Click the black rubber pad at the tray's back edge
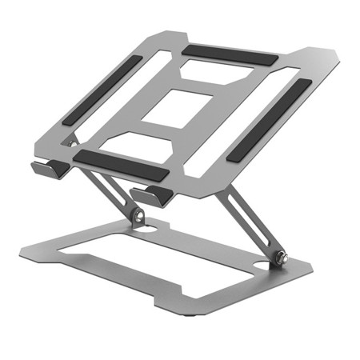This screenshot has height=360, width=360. coord(230,54)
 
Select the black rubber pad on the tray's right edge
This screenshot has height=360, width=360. coord(266,120)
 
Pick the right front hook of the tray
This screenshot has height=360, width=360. coord(150,194)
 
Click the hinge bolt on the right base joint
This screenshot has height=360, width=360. coord(281,258)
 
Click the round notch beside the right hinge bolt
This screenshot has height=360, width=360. coord(264,264)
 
